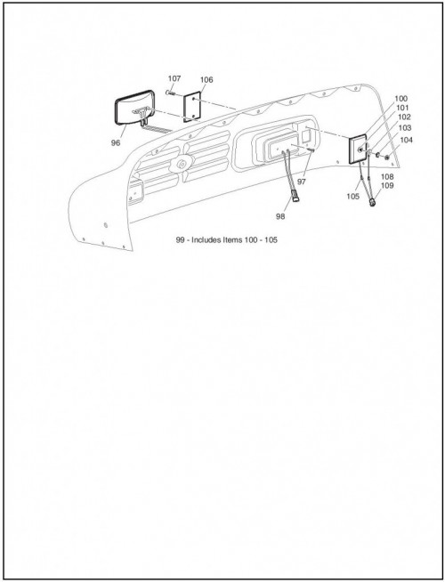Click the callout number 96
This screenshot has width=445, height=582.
click(x=116, y=143)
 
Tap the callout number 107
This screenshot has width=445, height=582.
click(x=174, y=78)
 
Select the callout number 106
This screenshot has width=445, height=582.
click(x=206, y=80)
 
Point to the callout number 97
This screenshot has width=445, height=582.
click(x=302, y=182)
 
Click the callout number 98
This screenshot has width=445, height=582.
click(x=280, y=216)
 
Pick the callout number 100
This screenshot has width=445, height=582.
click(x=400, y=99)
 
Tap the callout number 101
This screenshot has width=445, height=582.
click(x=402, y=108)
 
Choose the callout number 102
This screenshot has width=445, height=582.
click(x=404, y=117)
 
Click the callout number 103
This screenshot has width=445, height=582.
click(x=405, y=128)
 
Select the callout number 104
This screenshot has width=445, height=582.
click(x=406, y=140)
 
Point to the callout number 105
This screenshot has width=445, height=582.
click(x=353, y=197)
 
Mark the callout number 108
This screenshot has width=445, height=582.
click(x=387, y=177)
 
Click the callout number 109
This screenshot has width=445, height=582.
click(x=387, y=186)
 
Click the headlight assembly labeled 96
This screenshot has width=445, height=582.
click(x=134, y=108)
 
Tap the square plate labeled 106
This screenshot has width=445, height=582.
click(x=192, y=107)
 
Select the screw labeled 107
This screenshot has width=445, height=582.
click(x=171, y=93)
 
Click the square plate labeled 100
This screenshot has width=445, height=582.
click(x=358, y=150)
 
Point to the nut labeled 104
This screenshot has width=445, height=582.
click(x=387, y=158)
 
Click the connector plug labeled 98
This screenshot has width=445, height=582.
click(x=296, y=196)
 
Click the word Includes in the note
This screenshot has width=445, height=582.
click(x=206, y=239)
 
